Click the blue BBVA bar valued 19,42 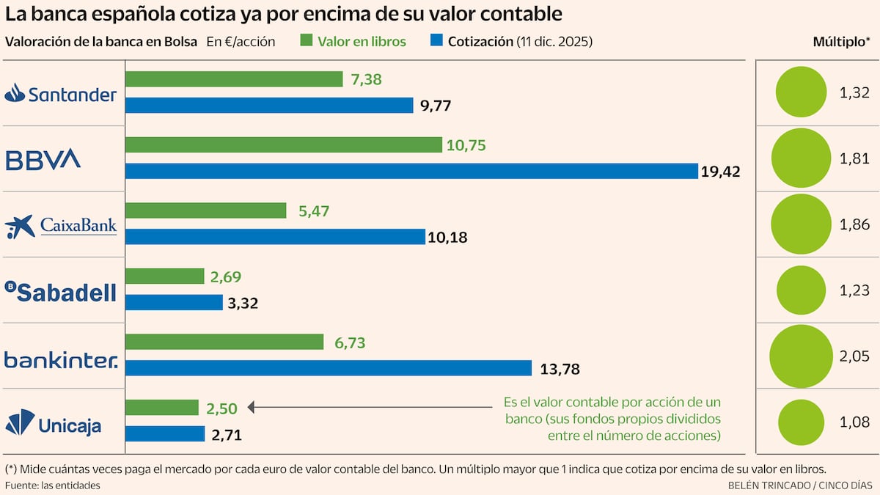411,171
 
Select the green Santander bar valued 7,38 234,79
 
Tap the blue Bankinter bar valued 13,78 329,368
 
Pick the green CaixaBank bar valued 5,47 206,210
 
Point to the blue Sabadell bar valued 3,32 175,302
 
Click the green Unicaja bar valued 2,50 162,408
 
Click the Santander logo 61,93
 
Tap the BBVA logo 43,159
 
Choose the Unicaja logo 54,425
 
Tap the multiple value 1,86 854,224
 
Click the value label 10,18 449,238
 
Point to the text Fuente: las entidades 53,485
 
